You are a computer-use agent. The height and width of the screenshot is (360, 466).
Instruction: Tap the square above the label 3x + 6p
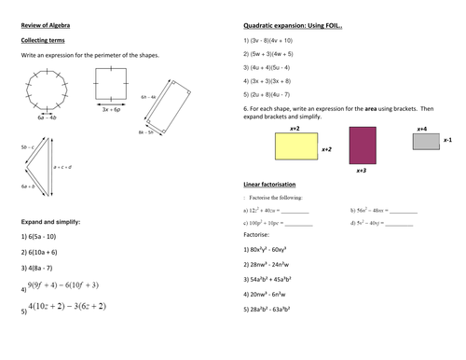111,90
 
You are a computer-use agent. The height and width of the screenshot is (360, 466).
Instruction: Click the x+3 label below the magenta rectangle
363,172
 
